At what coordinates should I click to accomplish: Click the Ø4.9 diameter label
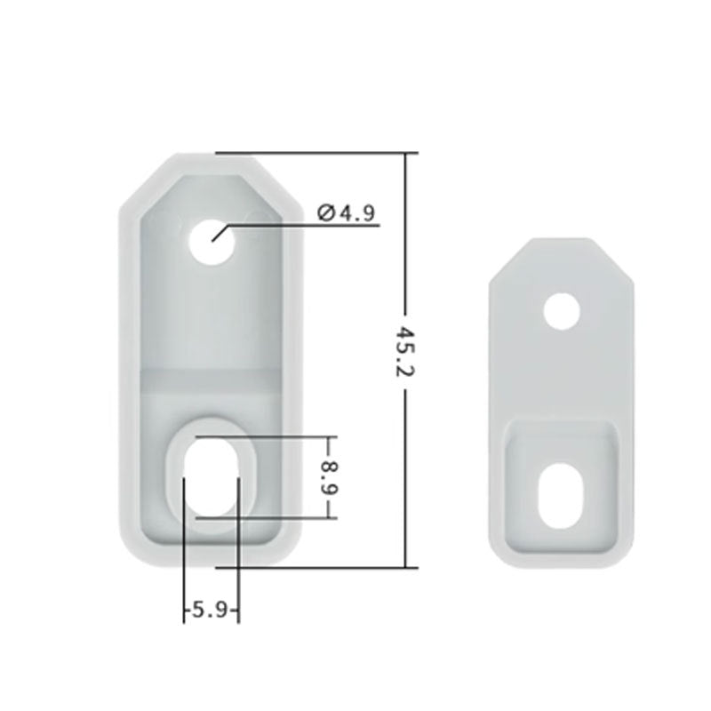[347, 212]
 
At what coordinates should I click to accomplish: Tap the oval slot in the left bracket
[211, 476]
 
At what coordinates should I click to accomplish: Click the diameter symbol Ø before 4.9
[324, 212]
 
